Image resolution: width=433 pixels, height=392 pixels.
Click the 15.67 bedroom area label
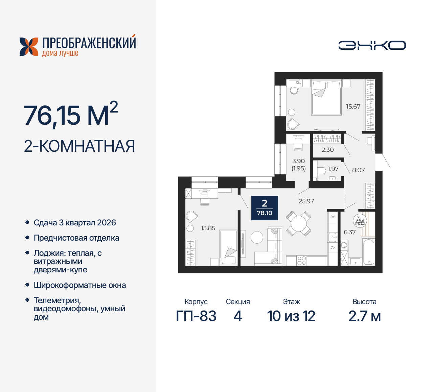tap(353, 106)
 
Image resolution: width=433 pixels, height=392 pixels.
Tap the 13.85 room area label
tap(208, 228)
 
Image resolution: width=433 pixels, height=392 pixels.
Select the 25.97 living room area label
tap(306, 201)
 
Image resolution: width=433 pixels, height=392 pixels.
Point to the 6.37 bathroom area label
tap(349, 232)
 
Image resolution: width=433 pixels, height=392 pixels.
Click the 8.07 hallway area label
tap(358, 170)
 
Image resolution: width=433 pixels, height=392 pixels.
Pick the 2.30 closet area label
tap(327, 150)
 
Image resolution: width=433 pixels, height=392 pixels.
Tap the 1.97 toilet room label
tap(333, 169)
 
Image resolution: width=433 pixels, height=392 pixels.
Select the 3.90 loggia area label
tap(298, 161)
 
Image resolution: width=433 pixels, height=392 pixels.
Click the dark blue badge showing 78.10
tap(265, 208)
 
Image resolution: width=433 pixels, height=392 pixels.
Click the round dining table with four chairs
tap(299, 223)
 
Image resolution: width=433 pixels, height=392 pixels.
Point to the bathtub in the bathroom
tap(368, 252)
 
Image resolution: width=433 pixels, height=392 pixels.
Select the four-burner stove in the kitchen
tap(301, 261)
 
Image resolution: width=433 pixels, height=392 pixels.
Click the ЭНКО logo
tap(372, 45)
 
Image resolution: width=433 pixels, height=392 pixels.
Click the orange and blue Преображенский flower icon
tap(29, 47)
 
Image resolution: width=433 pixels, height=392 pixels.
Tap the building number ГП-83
tap(196, 316)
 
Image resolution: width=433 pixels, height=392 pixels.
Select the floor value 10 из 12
tap(291, 316)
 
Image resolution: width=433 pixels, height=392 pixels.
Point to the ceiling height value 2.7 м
tap(365, 316)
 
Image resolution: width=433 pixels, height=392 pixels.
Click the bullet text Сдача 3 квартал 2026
tap(75, 223)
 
